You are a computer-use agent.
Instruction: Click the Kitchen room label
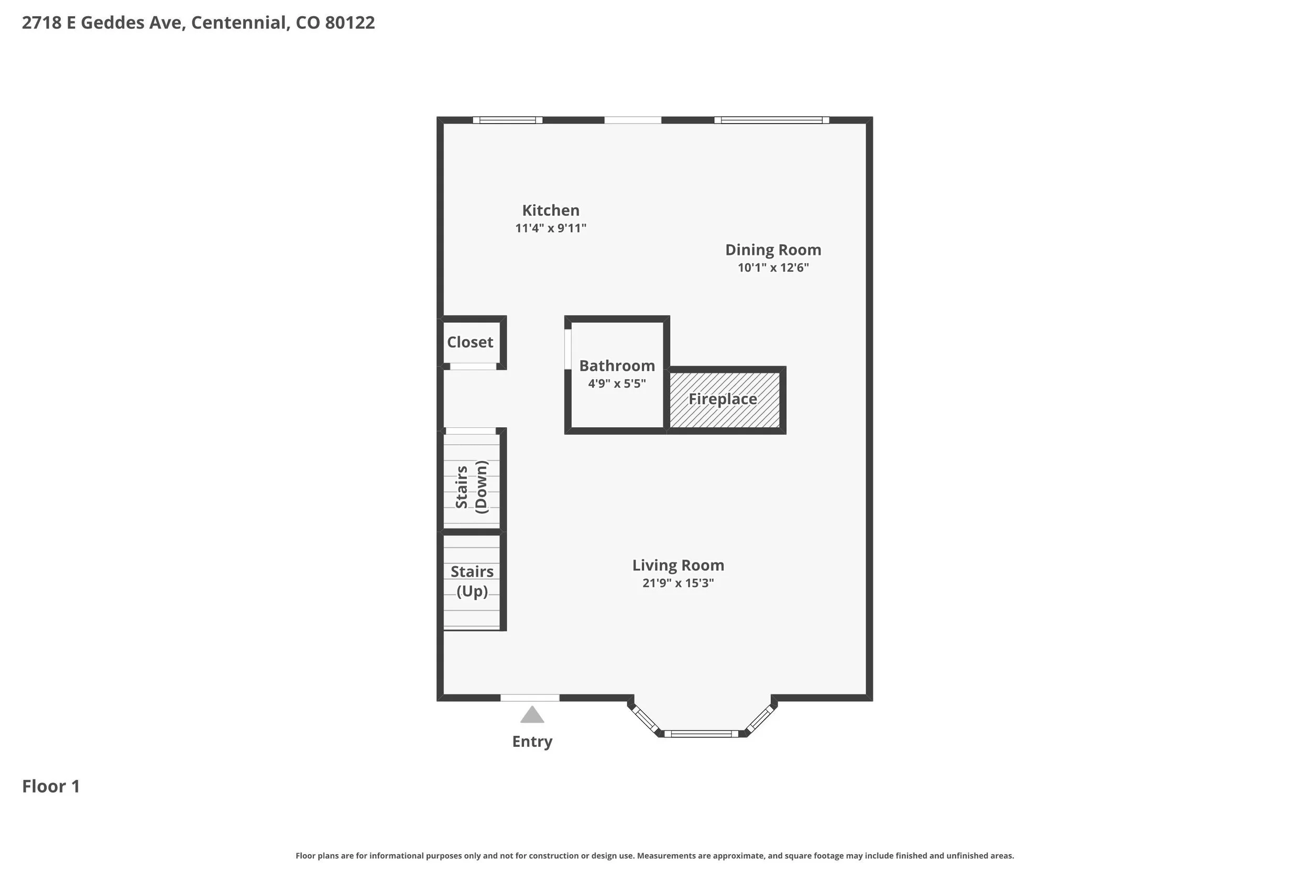pos(550,211)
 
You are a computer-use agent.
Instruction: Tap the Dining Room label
pos(773,250)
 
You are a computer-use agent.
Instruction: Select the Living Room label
pos(678,566)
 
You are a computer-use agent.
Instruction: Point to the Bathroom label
pos(617,366)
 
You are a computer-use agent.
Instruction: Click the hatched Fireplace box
pos(725,400)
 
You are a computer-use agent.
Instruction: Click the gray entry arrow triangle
pos(532,715)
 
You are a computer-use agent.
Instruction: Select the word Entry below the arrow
pos(532,742)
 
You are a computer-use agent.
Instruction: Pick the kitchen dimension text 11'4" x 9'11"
pos(550,228)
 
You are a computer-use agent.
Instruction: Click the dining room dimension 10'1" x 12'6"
pos(773,268)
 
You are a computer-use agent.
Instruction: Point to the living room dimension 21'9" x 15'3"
pos(678,583)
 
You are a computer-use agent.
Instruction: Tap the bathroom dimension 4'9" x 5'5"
pos(617,384)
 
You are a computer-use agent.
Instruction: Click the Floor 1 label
pos(51,786)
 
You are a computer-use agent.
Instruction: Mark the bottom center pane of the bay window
pos(701,734)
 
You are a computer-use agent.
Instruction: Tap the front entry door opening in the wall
pos(530,698)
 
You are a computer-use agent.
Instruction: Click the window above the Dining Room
pos(771,120)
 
